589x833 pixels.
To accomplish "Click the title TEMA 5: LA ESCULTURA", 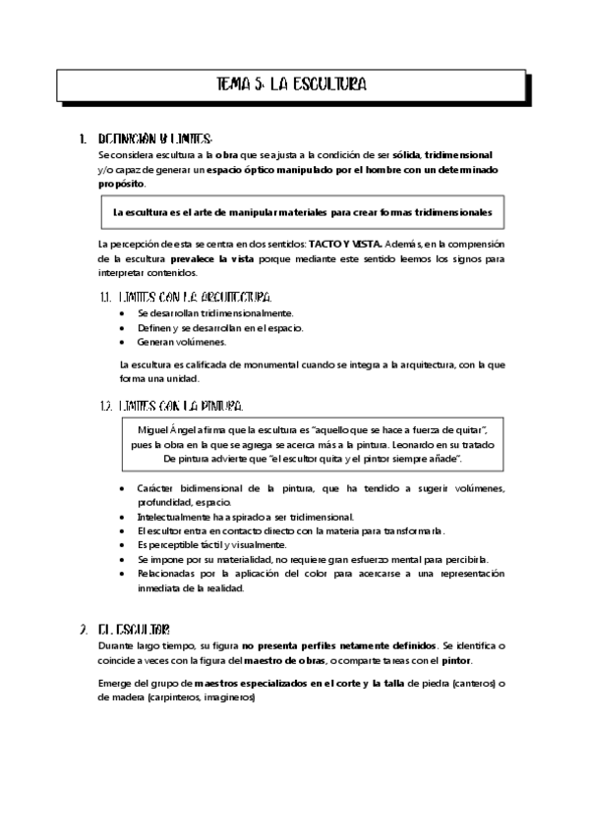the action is coord(291,85).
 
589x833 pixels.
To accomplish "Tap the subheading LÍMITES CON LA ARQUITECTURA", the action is coord(193,297).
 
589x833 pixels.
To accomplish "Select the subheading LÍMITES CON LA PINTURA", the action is coord(178,405).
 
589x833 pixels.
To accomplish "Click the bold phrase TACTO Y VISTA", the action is coord(346,243).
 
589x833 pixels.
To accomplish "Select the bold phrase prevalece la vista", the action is coord(212,258).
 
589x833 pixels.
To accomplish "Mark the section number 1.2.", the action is coord(106,405).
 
